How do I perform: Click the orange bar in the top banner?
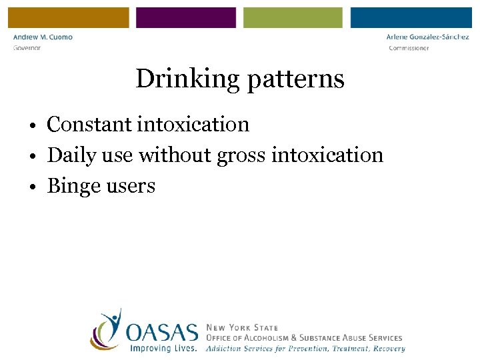coord(68,17)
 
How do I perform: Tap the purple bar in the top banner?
coord(186,17)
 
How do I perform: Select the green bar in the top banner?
coord(293,17)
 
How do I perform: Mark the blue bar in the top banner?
coord(411,17)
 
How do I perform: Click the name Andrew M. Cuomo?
coord(43,37)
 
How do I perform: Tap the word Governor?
coord(27,48)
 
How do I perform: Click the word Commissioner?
coord(409,48)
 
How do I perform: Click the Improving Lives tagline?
coord(163,348)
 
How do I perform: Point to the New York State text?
coord(243,328)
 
